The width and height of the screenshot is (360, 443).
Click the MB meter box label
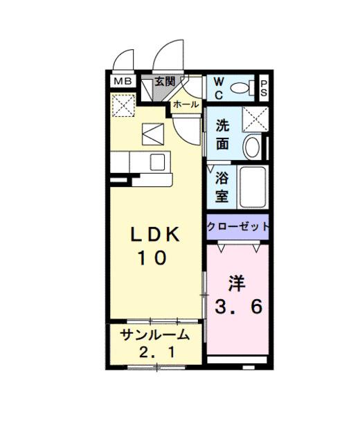122,82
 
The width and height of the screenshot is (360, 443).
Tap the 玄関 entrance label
164,82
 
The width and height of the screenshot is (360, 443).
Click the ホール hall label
185,105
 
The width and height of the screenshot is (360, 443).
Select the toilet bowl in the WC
240,87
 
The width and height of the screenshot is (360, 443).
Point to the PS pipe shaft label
264,88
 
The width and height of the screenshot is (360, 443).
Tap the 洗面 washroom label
222,136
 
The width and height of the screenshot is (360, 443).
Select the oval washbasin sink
253,146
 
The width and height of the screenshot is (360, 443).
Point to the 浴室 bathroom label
222,186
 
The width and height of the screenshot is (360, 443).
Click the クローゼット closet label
237,226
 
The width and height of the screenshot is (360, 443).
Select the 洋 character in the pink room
237,283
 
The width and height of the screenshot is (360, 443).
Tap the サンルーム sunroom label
155,336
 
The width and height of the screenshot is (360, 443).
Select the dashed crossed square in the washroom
257,119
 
